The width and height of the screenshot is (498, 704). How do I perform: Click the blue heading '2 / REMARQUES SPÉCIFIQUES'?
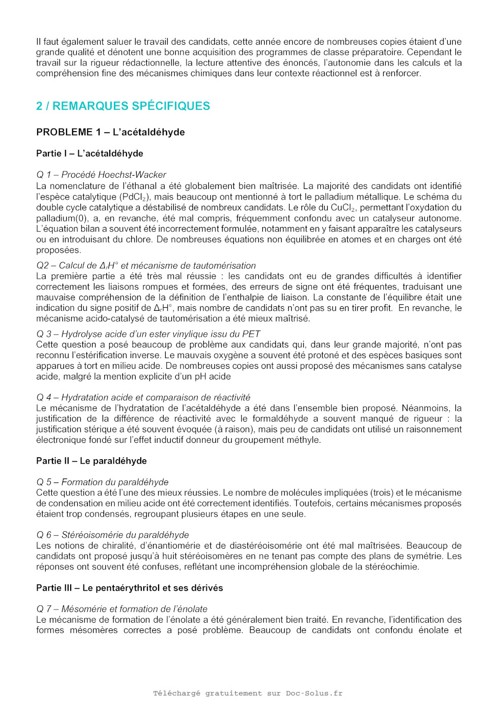pos(123,106)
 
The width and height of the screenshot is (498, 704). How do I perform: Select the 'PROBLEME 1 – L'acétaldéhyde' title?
pos(110,132)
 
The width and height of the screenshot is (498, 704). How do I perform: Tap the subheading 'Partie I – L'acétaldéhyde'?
pos(89,153)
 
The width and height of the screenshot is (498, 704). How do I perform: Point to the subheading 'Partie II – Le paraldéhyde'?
pos(91,461)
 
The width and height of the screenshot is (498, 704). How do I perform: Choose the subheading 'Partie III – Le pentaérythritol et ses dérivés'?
pos(130,588)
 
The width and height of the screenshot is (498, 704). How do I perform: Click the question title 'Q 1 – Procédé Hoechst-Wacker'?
pos(101,175)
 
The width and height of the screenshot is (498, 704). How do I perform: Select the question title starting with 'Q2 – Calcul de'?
pos(146,266)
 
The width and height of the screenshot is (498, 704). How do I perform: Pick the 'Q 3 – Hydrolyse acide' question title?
pos(148,334)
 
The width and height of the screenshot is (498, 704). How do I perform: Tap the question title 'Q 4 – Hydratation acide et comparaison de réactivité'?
pos(143,397)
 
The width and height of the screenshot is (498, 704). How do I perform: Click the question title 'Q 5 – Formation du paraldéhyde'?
pos(102,482)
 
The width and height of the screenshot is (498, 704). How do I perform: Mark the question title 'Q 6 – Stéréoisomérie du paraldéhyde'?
pos(112,535)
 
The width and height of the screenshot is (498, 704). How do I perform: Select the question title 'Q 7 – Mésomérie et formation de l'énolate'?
pos(122,609)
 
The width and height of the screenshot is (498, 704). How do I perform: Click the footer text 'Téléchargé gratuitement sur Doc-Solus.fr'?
pos(248,693)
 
